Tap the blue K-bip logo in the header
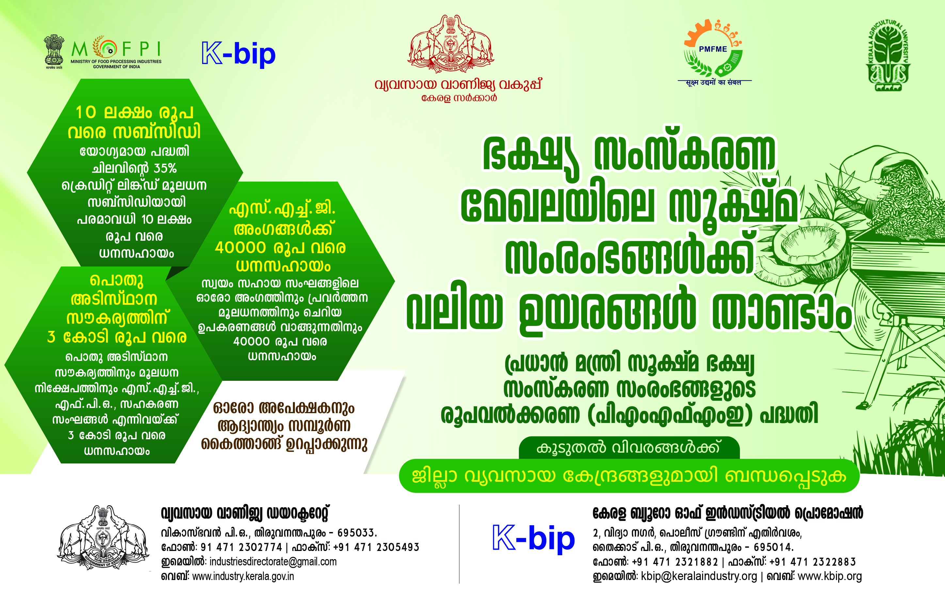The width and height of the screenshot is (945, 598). pyautogui.click(x=239, y=54)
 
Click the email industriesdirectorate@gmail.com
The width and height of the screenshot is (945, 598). pyautogui.click(x=273, y=561)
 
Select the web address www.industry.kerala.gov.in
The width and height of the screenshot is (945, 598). pyautogui.click(x=243, y=576)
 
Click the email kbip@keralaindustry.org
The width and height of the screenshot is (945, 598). pyautogui.click(x=699, y=576)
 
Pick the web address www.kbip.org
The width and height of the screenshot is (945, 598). pyautogui.click(x=830, y=576)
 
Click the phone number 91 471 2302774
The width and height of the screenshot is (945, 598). pyautogui.click(x=241, y=547)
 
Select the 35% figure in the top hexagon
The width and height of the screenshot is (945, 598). pyautogui.click(x=165, y=168)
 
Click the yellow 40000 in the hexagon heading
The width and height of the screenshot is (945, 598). pyautogui.click(x=241, y=248)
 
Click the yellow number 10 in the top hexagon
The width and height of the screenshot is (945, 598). pyautogui.click(x=86, y=112)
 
